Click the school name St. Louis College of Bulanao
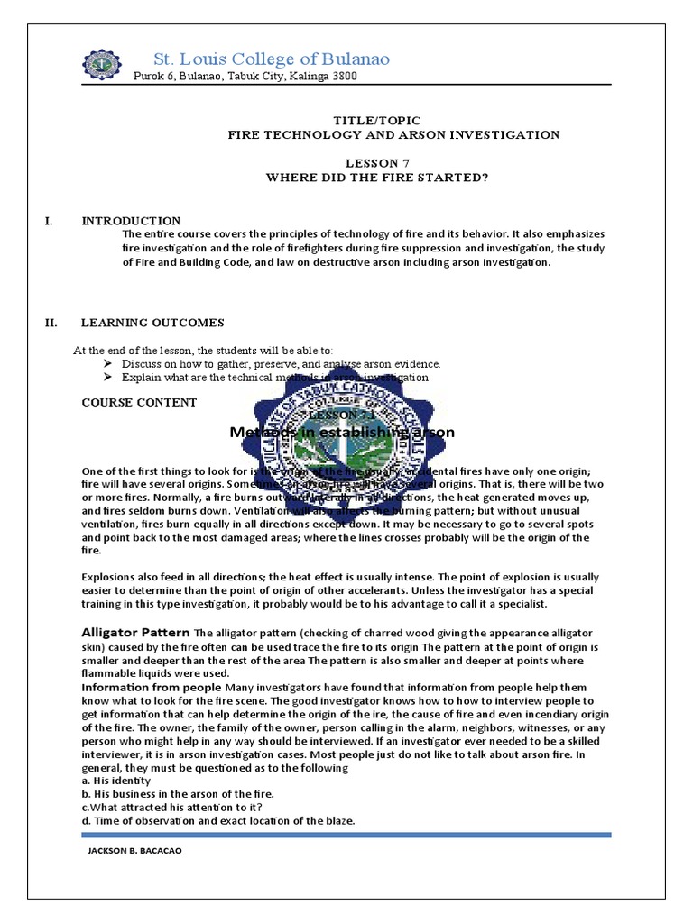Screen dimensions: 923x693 tap(272, 59)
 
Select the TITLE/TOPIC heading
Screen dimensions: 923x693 tap(377, 120)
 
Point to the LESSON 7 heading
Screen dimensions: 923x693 tap(377, 163)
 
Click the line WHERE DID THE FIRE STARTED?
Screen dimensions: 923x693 tap(376, 178)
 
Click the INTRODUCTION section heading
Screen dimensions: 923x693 tap(131, 221)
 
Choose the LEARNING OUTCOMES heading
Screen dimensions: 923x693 tap(152, 323)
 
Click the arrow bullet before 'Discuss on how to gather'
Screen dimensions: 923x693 tap(109, 364)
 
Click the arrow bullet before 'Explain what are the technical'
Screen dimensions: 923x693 tap(109, 378)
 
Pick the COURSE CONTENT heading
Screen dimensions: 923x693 tap(138, 402)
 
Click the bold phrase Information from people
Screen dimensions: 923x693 tap(152, 688)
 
